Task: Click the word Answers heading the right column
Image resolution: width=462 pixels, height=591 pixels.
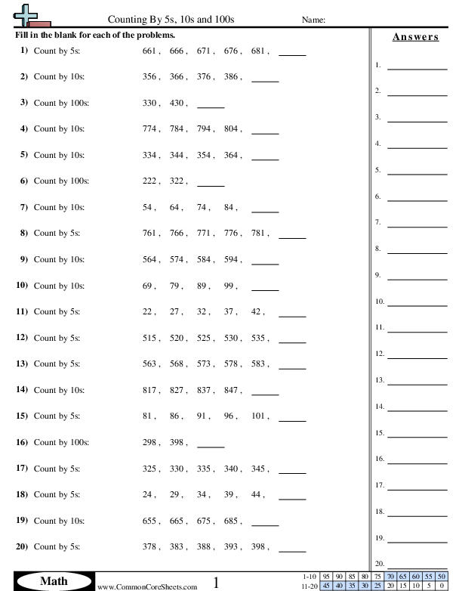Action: (x=415, y=37)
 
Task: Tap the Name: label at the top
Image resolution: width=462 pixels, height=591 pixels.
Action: (x=313, y=20)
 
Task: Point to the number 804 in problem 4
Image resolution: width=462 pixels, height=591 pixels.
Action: (x=231, y=129)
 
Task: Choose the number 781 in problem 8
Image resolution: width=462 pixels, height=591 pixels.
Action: (x=258, y=234)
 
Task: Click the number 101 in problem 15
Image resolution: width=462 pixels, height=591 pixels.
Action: (x=258, y=416)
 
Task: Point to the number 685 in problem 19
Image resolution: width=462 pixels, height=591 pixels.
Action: (x=231, y=520)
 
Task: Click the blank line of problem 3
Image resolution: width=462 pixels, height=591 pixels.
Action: (x=211, y=107)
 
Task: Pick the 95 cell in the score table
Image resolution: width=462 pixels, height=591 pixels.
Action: (x=326, y=575)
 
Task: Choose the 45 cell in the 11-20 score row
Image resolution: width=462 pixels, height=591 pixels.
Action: (x=326, y=585)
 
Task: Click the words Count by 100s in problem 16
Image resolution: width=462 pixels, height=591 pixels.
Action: (x=61, y=442)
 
